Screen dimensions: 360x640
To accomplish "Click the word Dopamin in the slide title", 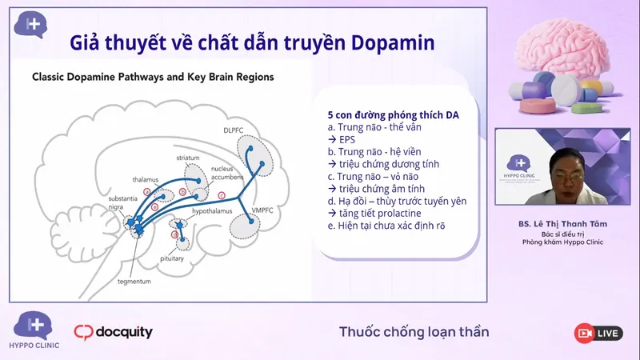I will [391, 42].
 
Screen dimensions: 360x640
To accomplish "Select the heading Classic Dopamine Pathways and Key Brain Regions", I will [152, 78].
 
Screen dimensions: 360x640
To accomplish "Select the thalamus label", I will [146, 180].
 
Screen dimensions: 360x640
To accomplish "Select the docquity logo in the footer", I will [113, 332].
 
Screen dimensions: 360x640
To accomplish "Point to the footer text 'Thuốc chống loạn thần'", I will [414, 332].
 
